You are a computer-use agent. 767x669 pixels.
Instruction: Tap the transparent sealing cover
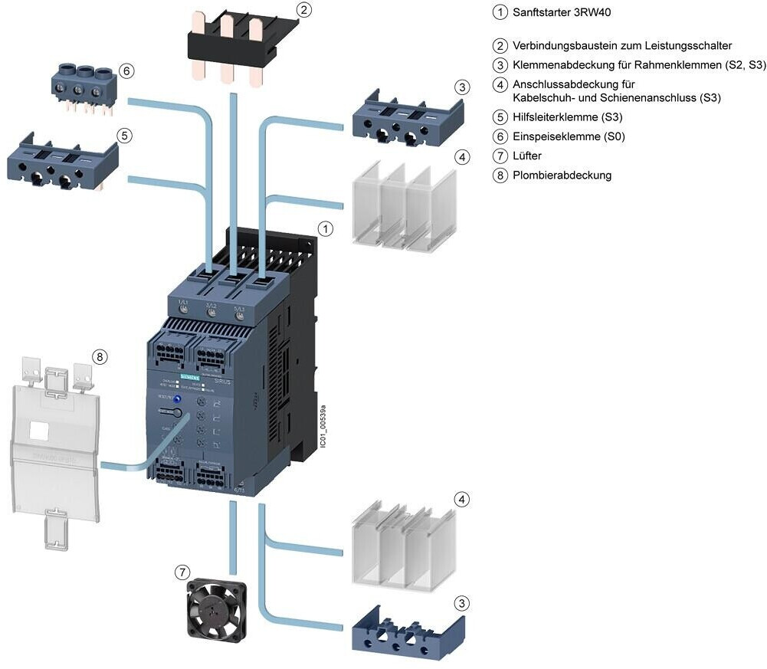click(x=54, y=452)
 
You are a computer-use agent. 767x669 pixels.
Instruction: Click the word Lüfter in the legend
click(x=527, y=156)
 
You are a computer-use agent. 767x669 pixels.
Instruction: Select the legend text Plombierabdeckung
click(x=562, y=175)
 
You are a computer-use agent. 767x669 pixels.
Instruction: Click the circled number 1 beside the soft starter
click(x=326, y=228)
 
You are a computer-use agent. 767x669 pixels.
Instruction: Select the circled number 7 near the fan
click(x=182, y=572)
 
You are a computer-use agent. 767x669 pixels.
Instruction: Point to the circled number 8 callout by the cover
click(x=100, y=356)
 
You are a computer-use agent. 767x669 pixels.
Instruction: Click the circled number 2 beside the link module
click(x=304, y=10)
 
